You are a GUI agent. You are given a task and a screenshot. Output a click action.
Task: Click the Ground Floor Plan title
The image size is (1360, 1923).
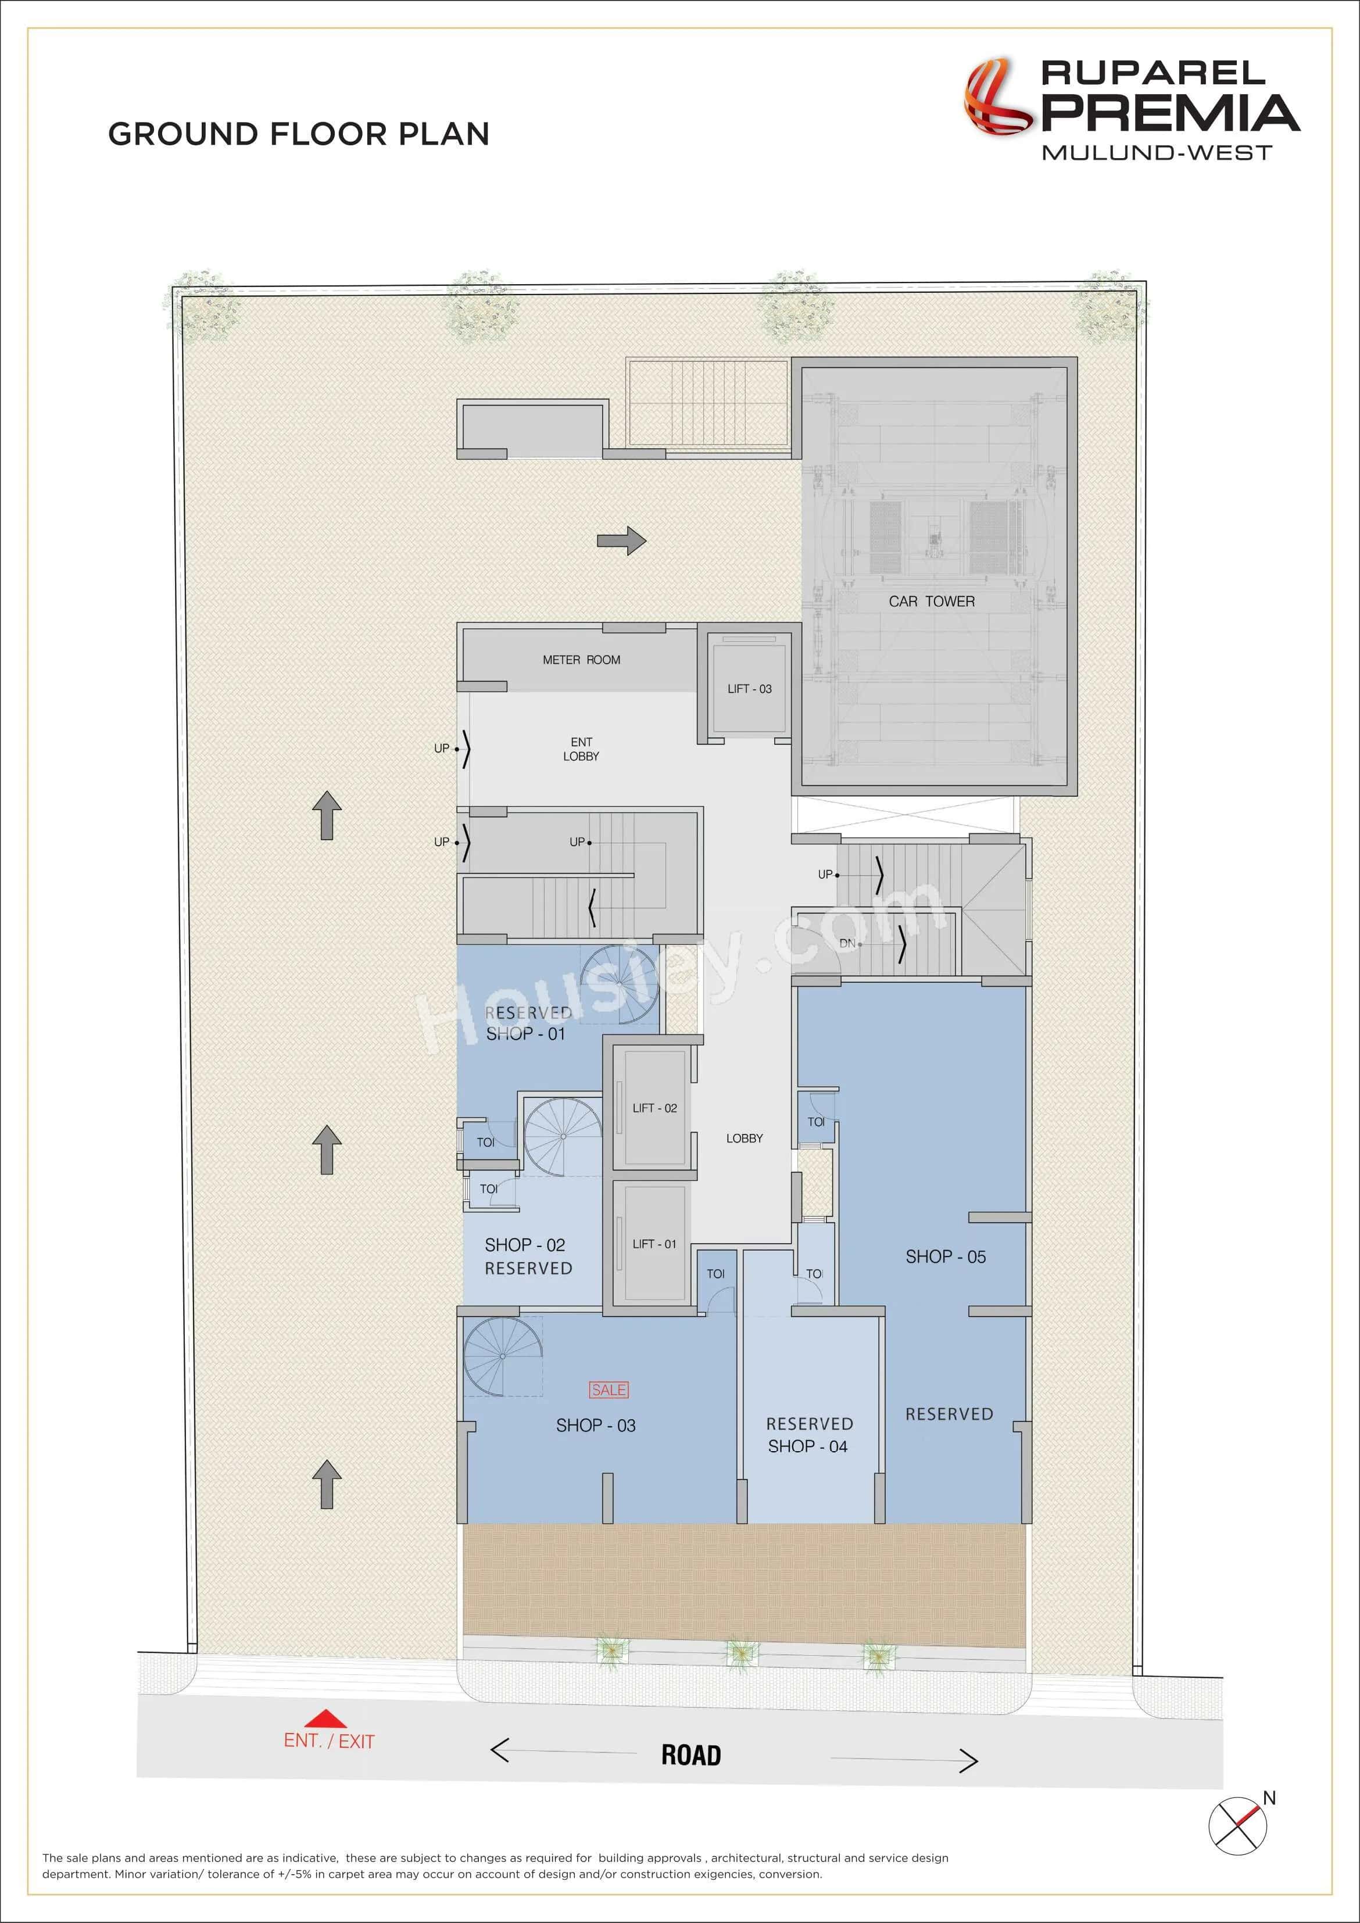298,134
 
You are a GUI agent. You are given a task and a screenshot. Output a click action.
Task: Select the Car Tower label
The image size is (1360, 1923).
931,601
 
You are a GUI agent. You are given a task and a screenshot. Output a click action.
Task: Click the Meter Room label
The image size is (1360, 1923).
581,660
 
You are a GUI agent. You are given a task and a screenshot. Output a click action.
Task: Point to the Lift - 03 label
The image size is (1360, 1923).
750,689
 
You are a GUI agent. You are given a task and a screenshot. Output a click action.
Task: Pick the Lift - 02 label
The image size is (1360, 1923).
654,1108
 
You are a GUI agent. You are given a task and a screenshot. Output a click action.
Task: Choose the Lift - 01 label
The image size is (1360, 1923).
654,1244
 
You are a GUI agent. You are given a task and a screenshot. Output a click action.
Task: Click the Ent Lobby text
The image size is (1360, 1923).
581,749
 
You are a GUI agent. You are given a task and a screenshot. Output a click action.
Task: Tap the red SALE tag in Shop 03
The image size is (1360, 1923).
609,1390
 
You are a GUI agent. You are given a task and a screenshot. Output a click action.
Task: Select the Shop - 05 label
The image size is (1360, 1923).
946,1256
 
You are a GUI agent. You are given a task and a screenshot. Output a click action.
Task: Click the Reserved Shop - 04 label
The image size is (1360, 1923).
809,1435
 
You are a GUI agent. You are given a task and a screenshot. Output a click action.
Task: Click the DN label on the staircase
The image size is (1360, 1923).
847,943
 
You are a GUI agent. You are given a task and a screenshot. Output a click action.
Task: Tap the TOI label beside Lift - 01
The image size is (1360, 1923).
715,1274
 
